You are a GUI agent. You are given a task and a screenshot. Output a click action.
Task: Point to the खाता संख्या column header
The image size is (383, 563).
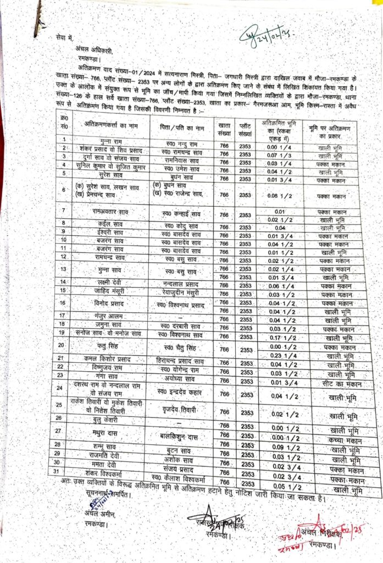(224, 127)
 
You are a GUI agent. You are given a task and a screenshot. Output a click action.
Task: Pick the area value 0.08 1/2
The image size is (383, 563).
(280, 195)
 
